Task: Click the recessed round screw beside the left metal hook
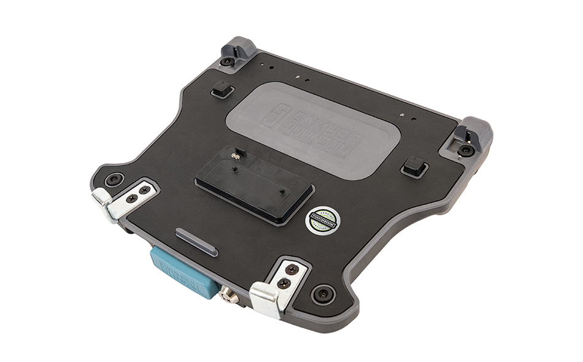[114, 180]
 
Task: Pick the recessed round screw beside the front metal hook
[322, 293]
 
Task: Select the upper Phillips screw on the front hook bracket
[294, 269]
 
